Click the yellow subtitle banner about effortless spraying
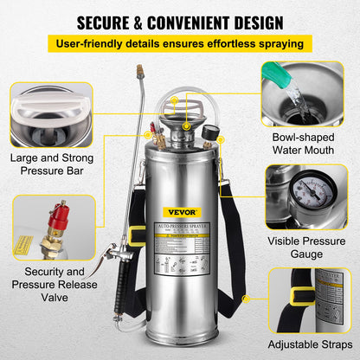(180, 43)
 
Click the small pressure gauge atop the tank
(209, 138)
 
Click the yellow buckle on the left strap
(136, 235)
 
